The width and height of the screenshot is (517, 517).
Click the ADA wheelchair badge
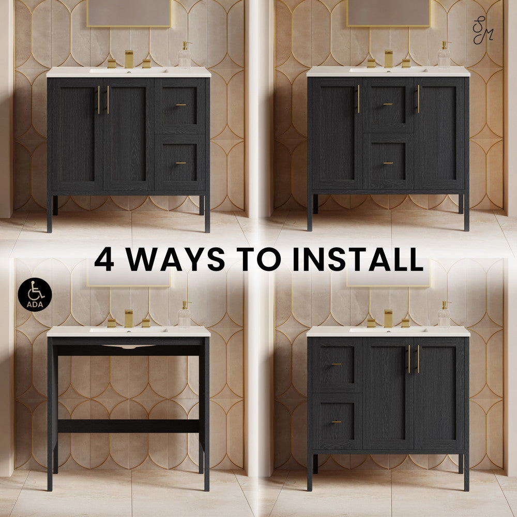coord(35,295)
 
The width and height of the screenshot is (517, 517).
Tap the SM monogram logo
coord(483,28)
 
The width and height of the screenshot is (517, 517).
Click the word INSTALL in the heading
coord(358,260)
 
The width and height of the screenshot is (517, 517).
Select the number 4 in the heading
coord(104,260)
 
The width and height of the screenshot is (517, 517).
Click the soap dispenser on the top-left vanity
coord(185,56)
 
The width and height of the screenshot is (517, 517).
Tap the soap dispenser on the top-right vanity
coord(444,56)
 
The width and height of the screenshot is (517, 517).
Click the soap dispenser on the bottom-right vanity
coord(444,315)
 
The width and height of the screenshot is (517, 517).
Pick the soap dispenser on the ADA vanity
coord(185,315)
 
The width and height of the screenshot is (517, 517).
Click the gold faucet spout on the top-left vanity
coord(129,58)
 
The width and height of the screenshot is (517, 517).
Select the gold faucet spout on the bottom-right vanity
coord(388,318)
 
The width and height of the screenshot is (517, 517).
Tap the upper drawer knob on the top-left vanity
coord(181,105)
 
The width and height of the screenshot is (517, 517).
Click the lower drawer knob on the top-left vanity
coord(181,163)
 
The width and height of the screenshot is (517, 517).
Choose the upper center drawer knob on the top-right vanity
coord(388,104)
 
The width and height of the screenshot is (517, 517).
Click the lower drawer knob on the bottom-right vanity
coord(336,422)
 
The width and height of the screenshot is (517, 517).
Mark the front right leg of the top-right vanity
coord(466,213)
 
